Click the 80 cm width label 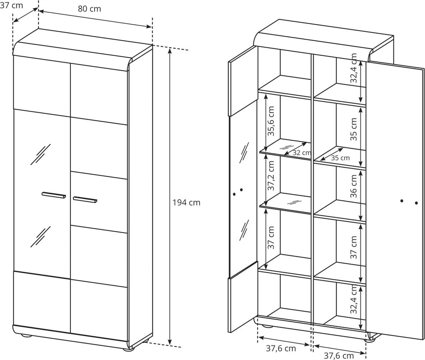click(90, 9)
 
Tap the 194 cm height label click(187, 202)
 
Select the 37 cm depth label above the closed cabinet click(11, 5)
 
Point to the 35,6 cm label click(271, 121)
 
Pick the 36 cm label click(353, 186)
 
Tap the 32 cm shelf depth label click(302, 152)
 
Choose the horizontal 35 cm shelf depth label click(340, 158)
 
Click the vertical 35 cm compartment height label click(353, 129)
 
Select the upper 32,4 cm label click(353, 68)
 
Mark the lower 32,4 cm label click(353, 299)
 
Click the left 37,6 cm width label click(281, 348)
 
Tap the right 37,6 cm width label click(339, 355)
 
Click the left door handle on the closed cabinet click(54, 195)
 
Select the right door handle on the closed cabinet click(85, 200)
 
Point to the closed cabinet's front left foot click(26, 336)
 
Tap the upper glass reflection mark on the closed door click(40, 154)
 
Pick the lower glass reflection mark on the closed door click(40, 237)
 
